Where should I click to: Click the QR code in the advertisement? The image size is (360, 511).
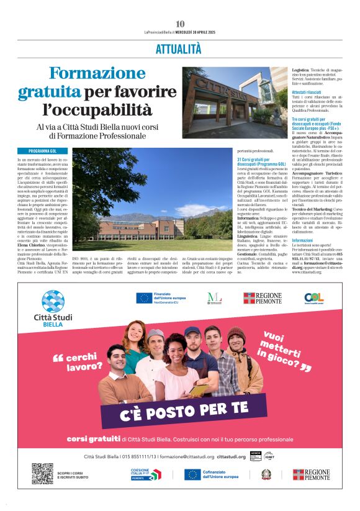click(42, 474)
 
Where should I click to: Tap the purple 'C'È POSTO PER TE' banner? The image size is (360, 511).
click(192, 410)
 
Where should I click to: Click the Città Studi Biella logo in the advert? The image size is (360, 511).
click(53, 307)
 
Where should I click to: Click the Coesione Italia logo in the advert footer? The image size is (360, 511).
click(145, 474)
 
